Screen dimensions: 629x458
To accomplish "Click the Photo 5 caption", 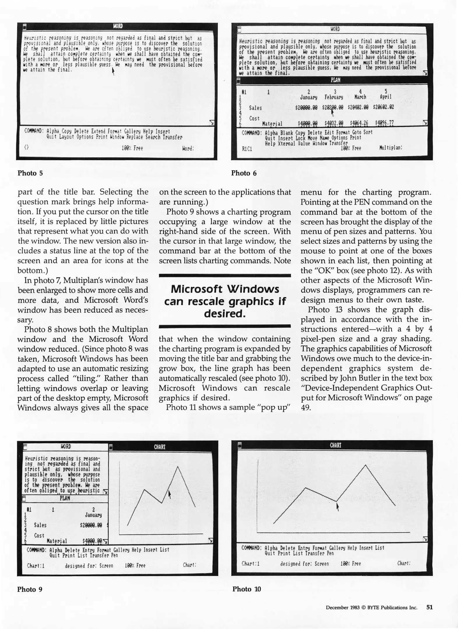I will click(30, 173).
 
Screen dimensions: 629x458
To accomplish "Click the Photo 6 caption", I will click(244, 173).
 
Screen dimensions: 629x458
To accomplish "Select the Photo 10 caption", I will click(246, 589).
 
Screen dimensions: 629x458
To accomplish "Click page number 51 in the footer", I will click(429, 607).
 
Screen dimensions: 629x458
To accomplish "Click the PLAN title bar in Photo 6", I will click(335, 80).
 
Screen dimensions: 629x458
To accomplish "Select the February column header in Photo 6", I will click(334, 97).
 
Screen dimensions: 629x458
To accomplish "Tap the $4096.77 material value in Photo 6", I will click(384, 123).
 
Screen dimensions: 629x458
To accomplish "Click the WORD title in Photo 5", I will click(118, 26).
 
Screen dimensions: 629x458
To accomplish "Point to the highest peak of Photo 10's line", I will click(366, 465).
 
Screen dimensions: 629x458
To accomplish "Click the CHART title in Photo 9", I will click(159, 447).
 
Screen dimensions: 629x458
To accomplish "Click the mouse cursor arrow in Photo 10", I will click(337, 507).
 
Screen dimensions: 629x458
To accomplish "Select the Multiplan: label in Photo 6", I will click(390, 148).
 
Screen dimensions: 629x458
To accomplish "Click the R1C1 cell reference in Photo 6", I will click(247, 149).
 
